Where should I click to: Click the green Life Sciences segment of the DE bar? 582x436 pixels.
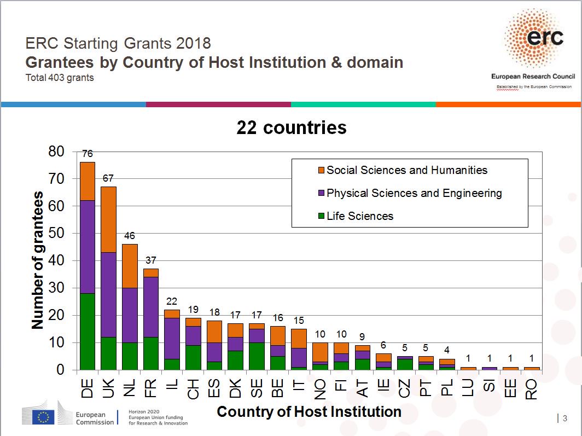click(x=88, y=332)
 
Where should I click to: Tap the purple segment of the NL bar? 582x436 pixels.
click(x=130, y=315)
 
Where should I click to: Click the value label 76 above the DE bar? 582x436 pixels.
click(x=88, y=154)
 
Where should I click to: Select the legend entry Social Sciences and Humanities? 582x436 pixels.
click(x=406, y=170)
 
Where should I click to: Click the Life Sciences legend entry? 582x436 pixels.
click(x=359, y=216)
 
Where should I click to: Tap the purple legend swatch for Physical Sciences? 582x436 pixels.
click(x=322, y=193)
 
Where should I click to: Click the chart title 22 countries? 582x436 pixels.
click(x=291, y=127)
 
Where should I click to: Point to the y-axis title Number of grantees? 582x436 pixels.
click(x=37, y=260)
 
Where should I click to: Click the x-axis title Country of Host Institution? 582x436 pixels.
click(x=309, y=411)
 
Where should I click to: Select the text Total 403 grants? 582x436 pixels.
click(x=60, y=78)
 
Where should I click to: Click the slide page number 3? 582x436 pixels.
click(x=564, y=418)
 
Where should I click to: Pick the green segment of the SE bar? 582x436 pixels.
click(x=256, y=356)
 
